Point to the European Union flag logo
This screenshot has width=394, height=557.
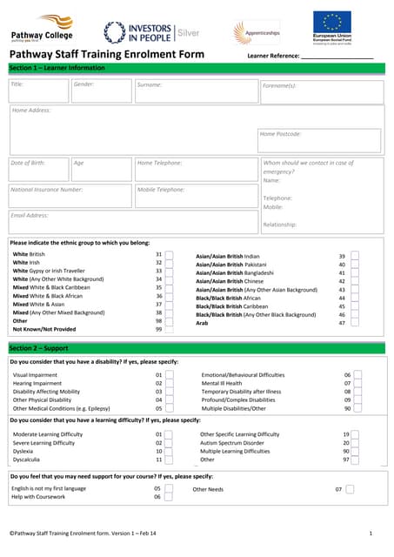coord(332,26)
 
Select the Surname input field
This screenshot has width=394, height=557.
coord(196,91)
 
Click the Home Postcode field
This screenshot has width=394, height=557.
coord(319,140)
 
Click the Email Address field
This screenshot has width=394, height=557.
coord(131,221)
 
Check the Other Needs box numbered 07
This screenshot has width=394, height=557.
coord(350,489)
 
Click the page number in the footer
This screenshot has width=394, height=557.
coord(371,533)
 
